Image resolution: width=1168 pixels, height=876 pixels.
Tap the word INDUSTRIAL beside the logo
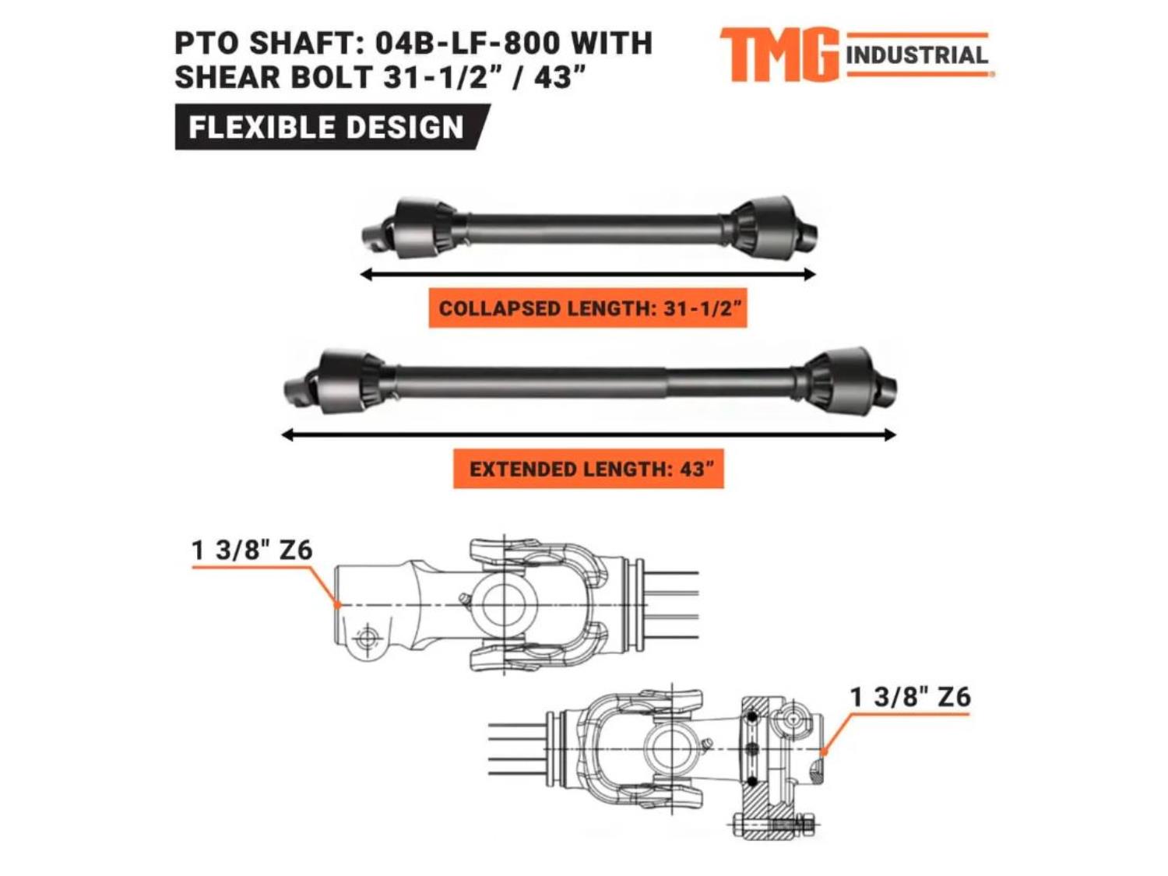coord(916,55)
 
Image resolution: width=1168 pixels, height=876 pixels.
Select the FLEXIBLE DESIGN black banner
coord(332,127)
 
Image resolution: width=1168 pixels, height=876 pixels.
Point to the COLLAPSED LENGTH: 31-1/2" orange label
coord(588,308)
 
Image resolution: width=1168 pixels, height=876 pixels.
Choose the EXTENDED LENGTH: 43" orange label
coord(589,469)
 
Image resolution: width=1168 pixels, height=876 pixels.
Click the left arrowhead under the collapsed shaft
coord(366,274)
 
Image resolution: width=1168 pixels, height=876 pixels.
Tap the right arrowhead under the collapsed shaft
coord(809,274)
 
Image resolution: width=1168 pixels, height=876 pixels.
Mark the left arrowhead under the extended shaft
coord(287,435)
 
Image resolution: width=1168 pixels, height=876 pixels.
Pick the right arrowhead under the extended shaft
coord(889,435)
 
